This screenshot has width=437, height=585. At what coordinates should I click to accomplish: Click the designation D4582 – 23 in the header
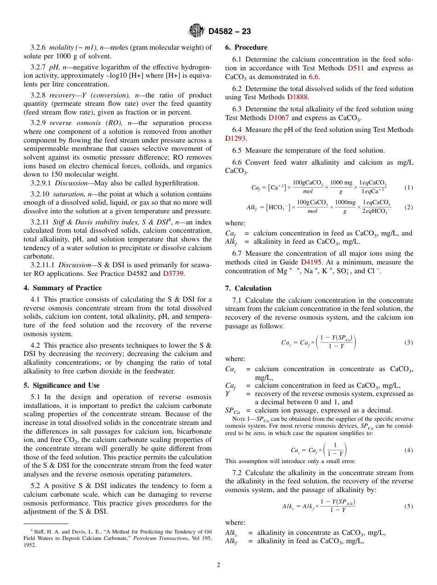click(x=230, y=31)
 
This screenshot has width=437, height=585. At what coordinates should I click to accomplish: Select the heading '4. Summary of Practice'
click(x=63, y=288)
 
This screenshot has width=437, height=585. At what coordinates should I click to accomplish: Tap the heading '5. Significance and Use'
click(x=62, y=385)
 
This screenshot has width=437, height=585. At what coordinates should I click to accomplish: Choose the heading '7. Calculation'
click(x=248, y=288)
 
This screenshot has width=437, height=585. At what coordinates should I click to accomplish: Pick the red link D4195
click(x=311, y=262)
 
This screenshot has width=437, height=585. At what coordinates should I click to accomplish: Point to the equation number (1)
click(x=408, y=188)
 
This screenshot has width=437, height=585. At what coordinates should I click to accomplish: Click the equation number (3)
click(x=408, y=343)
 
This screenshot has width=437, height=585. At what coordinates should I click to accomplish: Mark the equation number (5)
click(x=408, y=506)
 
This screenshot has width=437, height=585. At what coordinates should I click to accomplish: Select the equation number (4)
click(x=408, y=450)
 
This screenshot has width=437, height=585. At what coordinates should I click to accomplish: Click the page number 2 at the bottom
click(x=218, y=565)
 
